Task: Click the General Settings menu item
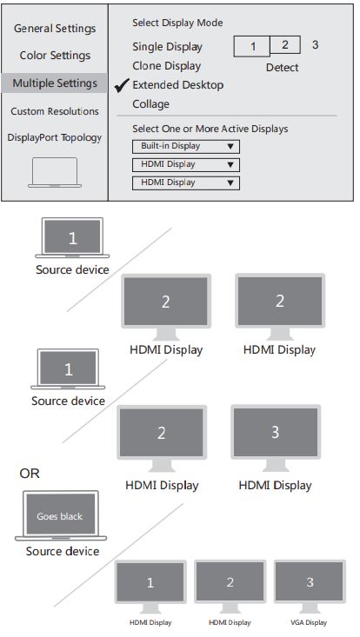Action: [x=55, y=29]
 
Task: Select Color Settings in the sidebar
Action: [x=55, y=56]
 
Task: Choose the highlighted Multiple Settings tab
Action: [x=55, y=83]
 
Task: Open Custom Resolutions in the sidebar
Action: [x=55, y=111]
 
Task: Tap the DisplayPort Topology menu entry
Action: [x=55, y=137]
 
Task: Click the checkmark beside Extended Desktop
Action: [x=122, y=84]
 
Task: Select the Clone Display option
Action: [x=166, y=66]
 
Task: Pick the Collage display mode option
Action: [x=151, y=104]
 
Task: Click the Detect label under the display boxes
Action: [x=282, y=67]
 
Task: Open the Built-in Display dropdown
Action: [x=185, y=146]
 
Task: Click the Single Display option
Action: [x=167, y=47]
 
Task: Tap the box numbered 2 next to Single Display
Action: [x=284, y=44]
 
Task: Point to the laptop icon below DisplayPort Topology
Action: [x=55, y=172]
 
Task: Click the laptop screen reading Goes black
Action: [x=59, y=515]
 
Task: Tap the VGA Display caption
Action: [x=310, y=622]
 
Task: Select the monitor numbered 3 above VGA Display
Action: [x=310, y=583]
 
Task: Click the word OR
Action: [x=30, y=474]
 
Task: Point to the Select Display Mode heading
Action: [x=177, y=23]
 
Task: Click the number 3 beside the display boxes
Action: [x=315, y=44]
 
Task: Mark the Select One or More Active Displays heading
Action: [x=210, y=129]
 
